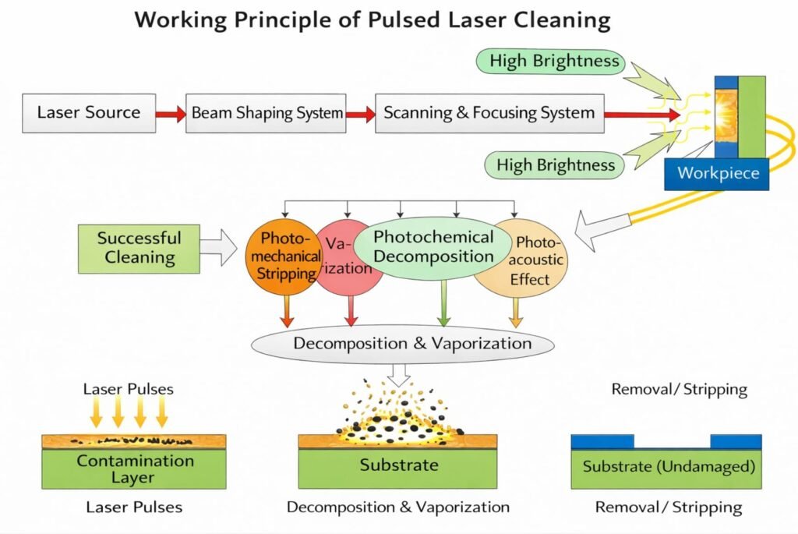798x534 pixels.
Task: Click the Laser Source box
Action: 89,112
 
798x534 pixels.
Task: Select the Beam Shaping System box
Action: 266,113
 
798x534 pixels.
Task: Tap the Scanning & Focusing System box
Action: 489,113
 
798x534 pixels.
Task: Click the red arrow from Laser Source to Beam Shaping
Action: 171,114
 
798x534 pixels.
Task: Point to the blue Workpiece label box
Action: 716,173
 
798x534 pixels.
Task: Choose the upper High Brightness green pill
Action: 554,62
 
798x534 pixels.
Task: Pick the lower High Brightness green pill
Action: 556,164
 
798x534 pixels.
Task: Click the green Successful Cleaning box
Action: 138,248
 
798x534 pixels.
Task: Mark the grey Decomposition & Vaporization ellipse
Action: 402,344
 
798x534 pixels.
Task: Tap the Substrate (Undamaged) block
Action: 666,469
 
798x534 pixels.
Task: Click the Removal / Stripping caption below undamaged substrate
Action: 668,507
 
